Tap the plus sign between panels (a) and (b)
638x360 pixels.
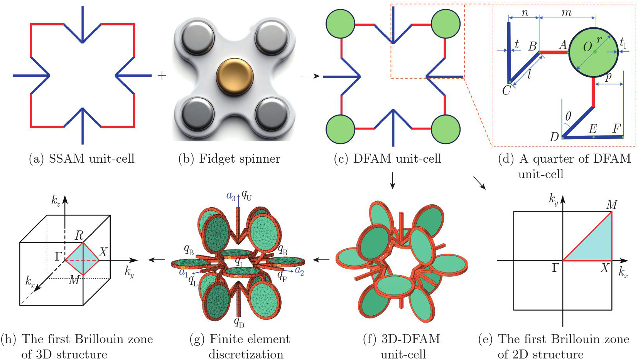162,76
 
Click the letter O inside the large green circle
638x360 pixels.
587,47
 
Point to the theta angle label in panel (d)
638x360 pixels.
568,116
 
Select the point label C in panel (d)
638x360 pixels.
506,90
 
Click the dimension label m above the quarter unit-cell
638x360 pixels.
566,13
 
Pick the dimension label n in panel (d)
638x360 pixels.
525,13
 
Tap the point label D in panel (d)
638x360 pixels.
554,136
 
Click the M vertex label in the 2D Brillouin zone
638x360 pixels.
612,205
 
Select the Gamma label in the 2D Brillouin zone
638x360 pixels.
555,268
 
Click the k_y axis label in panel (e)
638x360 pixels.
554,199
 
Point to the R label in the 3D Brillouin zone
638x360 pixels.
79,235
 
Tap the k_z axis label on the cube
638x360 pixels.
56,200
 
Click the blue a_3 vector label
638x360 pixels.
231,196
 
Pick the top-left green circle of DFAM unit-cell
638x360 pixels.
340,24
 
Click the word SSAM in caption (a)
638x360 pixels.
66,159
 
